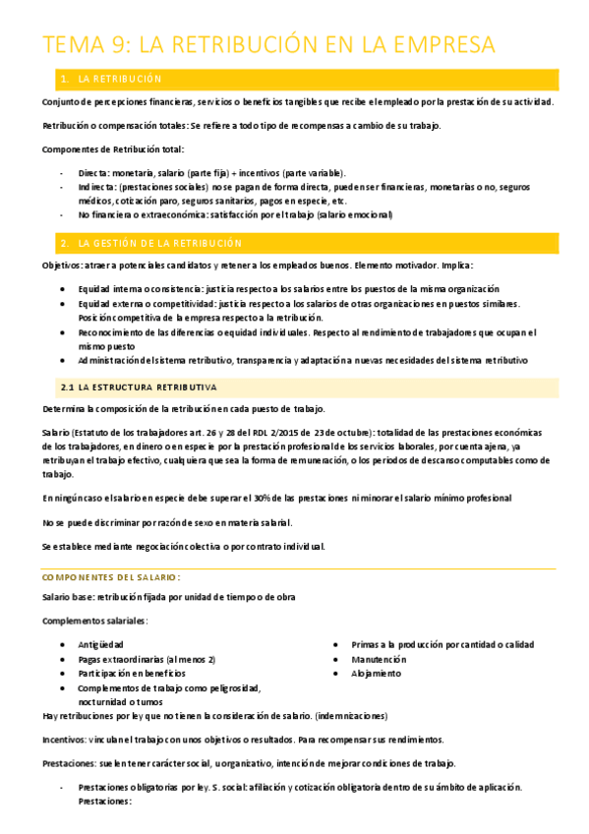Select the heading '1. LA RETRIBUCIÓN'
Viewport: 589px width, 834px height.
124,79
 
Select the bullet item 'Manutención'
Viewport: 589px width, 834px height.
379,659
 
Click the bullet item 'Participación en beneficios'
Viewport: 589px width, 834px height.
132,674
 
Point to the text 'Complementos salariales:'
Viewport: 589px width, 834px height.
95,621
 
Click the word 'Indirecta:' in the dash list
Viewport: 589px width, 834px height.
98,187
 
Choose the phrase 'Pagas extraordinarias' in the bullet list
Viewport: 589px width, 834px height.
126,659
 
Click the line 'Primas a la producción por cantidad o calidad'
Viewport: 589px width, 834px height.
442,645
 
